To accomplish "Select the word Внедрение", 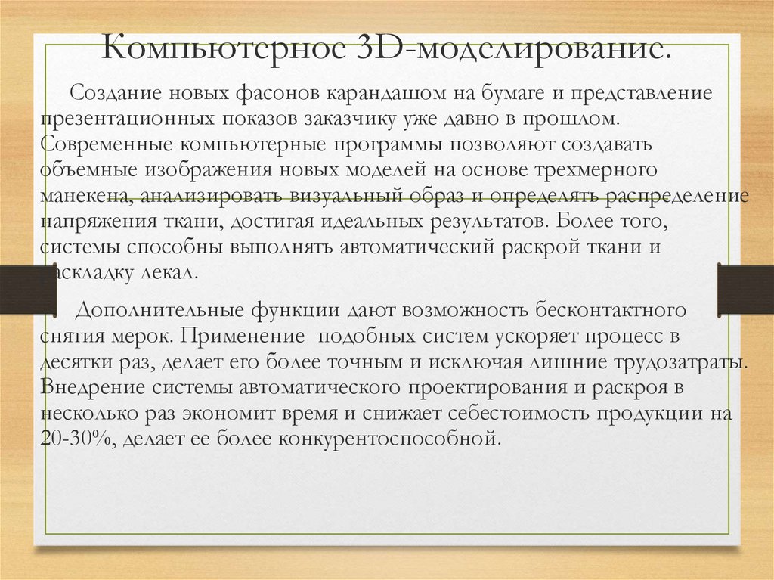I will (x=91, y=387).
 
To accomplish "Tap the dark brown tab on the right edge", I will (x=745, y=290).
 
